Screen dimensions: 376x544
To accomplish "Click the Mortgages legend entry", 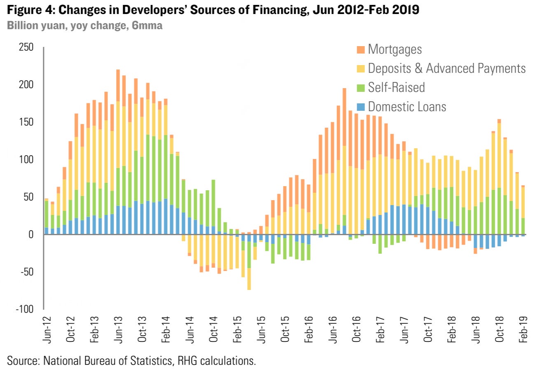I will point(395,49).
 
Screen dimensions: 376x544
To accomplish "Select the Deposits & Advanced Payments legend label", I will point(446,68).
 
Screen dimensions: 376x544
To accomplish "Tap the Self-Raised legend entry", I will point(396,87).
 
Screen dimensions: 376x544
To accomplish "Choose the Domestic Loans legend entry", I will point(407,107).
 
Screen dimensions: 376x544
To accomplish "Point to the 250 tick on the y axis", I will point(26,47).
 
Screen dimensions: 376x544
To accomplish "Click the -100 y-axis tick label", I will point(24,309).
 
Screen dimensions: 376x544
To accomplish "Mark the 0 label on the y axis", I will point(31,234).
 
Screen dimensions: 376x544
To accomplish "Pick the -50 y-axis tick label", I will point(26,272).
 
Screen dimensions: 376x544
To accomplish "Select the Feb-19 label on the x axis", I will point(523,329).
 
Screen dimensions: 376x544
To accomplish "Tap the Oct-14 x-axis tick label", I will point(214,329).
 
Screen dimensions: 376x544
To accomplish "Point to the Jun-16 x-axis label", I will point(333,329).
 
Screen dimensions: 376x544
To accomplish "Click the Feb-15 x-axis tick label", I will point(237,329).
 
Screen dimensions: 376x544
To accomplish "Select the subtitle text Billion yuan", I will point(36,26).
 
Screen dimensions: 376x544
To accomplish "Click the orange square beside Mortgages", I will point(361,50).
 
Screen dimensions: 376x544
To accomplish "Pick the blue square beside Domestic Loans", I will point(361,107).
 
